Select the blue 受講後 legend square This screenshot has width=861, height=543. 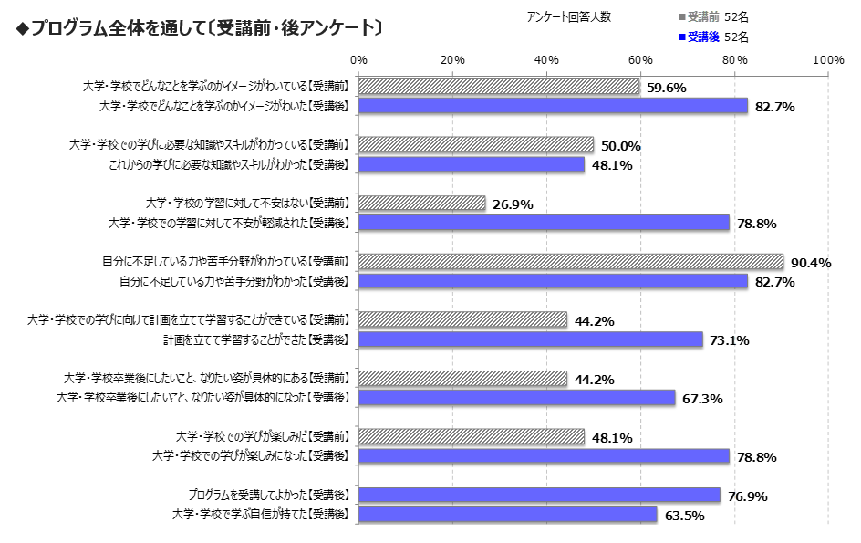click(681, 37)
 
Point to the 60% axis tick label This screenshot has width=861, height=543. click(640, 59)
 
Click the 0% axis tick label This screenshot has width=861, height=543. click(358, 59)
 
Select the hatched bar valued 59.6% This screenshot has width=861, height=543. click(499, 87)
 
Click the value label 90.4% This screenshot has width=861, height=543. click(811, 263)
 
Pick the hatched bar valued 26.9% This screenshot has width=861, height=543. click(422, 204)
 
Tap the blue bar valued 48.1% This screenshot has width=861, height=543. click(472, 164)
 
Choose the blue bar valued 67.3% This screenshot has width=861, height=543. click(516, 398)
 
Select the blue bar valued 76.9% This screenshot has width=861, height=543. click(539, 495)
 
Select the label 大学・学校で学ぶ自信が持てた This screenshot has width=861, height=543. click(261, 515)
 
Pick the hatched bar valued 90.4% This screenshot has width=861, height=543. click(571, 262)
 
